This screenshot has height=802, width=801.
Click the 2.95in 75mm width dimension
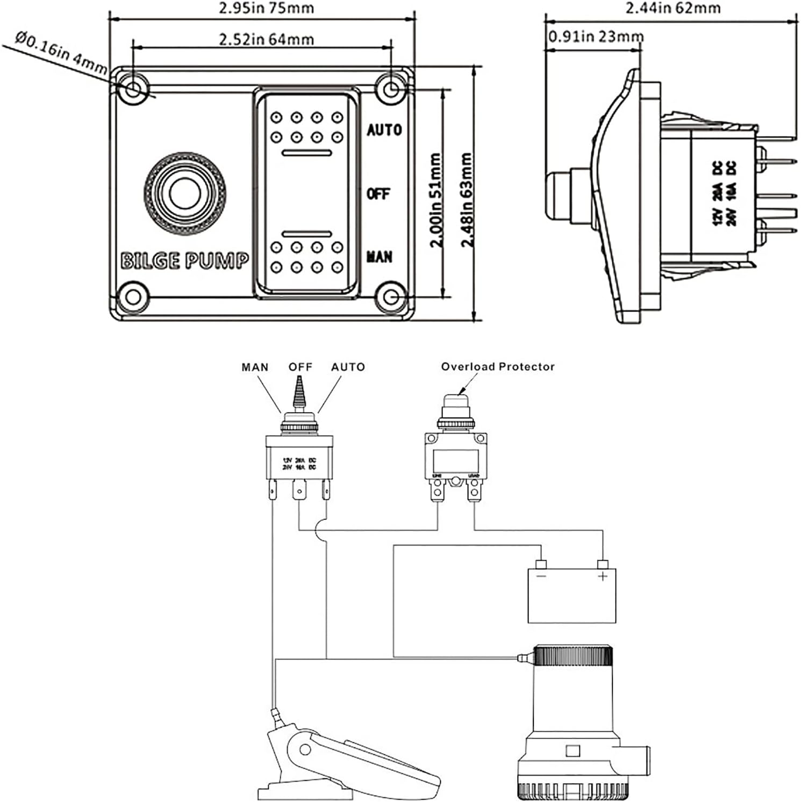tap(267, 8)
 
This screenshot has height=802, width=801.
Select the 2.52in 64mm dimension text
tap(267, 39)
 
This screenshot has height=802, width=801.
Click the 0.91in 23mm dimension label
tap(596, 37)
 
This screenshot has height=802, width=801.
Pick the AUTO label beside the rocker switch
tap(384, 130)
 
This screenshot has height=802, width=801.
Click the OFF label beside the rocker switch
tap(377, 193)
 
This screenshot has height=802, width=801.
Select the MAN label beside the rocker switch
tap(379, 257)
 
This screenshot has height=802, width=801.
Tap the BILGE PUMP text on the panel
tap(184, 261)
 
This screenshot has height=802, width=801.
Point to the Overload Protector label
tap(497, 367)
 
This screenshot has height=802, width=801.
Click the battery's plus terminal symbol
tap(603, 576)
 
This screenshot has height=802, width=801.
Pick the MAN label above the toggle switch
tap(255, 367)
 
